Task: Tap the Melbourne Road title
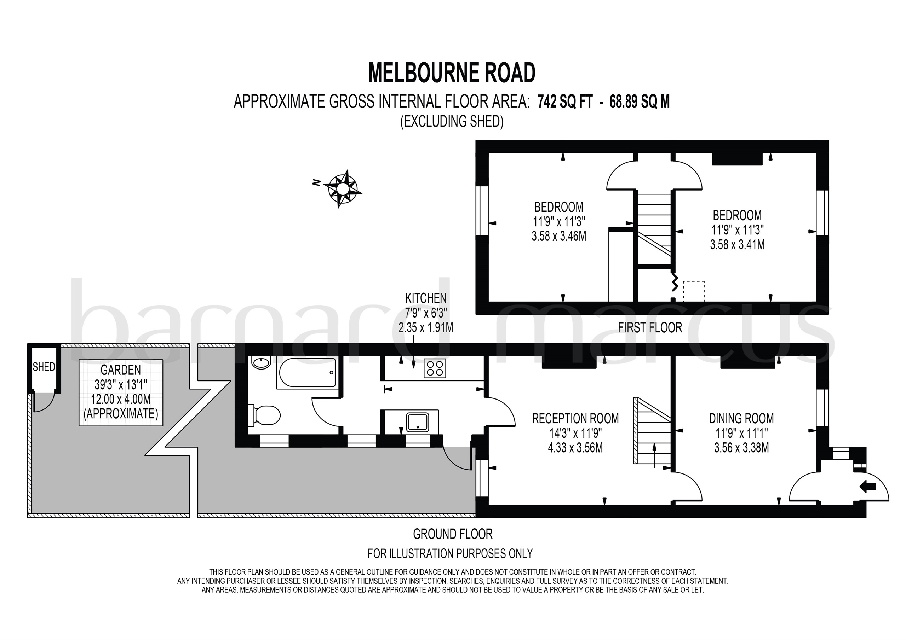452,73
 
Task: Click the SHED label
44,367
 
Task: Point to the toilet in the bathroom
264,415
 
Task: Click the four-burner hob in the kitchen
435,369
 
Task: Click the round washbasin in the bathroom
260,363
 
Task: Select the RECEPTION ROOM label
575,418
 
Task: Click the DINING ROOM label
741,418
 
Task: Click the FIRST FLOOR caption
650,328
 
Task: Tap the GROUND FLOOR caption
453,534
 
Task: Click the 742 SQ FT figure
565,102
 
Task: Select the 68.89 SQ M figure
640,102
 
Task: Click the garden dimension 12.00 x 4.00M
121,399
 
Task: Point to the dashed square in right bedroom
693,292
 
